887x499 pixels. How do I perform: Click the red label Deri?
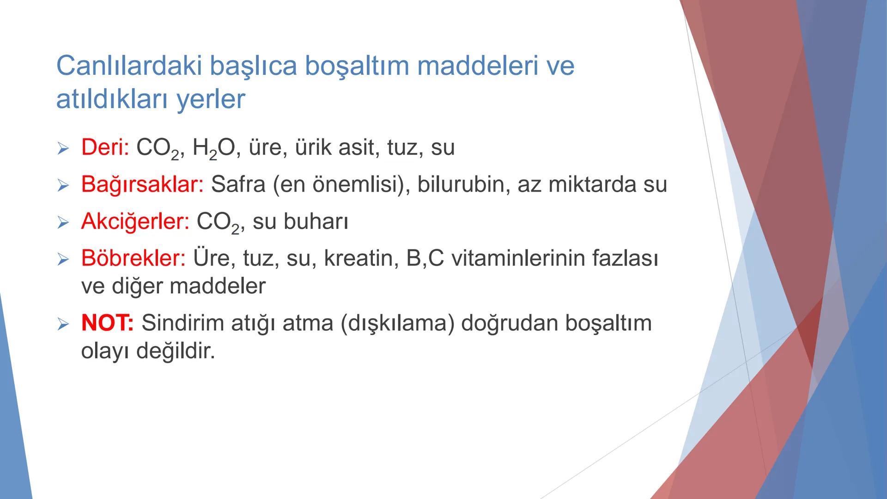(x=105, y=147)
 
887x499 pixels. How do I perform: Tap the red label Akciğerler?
(x=135, y=221)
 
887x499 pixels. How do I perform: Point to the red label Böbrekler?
(x=133, y=258)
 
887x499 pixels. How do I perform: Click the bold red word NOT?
(x=107, y=323)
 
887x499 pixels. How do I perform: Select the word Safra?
(x=238, y=184)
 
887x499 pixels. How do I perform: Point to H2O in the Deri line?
(x=213, y=148)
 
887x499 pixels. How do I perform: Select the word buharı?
(x=316, y=221)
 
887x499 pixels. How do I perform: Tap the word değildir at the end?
(x=176, y=351)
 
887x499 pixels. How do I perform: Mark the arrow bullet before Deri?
(x=63, y=148)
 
